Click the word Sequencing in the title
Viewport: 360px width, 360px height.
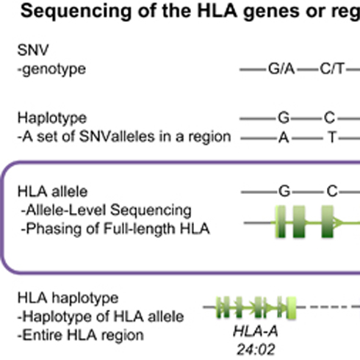click(x=76, y=12)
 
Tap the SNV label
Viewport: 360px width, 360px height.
click(x=33, y=50)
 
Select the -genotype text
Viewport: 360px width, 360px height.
click(x=51, y=69)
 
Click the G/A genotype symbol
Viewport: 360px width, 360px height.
click(x=281, y=69)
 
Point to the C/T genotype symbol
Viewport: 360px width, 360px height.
click(x=332, y=69)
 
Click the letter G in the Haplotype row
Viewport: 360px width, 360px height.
click(x=284, y=118)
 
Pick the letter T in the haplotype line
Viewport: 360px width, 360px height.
click(x=332, y=137)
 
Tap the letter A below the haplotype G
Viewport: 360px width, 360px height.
click(x=284, y=137)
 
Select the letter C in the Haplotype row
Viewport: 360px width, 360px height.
click(x=330, y=118)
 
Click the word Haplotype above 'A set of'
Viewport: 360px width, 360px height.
click(x=52, y=118)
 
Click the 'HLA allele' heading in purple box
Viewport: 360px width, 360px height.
click(x=52, y=192)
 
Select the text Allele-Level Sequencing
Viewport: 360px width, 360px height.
click(x=109, y=211)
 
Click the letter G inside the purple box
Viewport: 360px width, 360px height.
click(x=284, y=192)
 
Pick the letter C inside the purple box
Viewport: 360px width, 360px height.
click(x=332, y=192)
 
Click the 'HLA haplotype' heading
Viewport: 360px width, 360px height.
click(x=68, y=298)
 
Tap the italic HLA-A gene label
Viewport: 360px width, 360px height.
click(x=256, y=332)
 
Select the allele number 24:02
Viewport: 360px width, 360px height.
click(x=256, y=350)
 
